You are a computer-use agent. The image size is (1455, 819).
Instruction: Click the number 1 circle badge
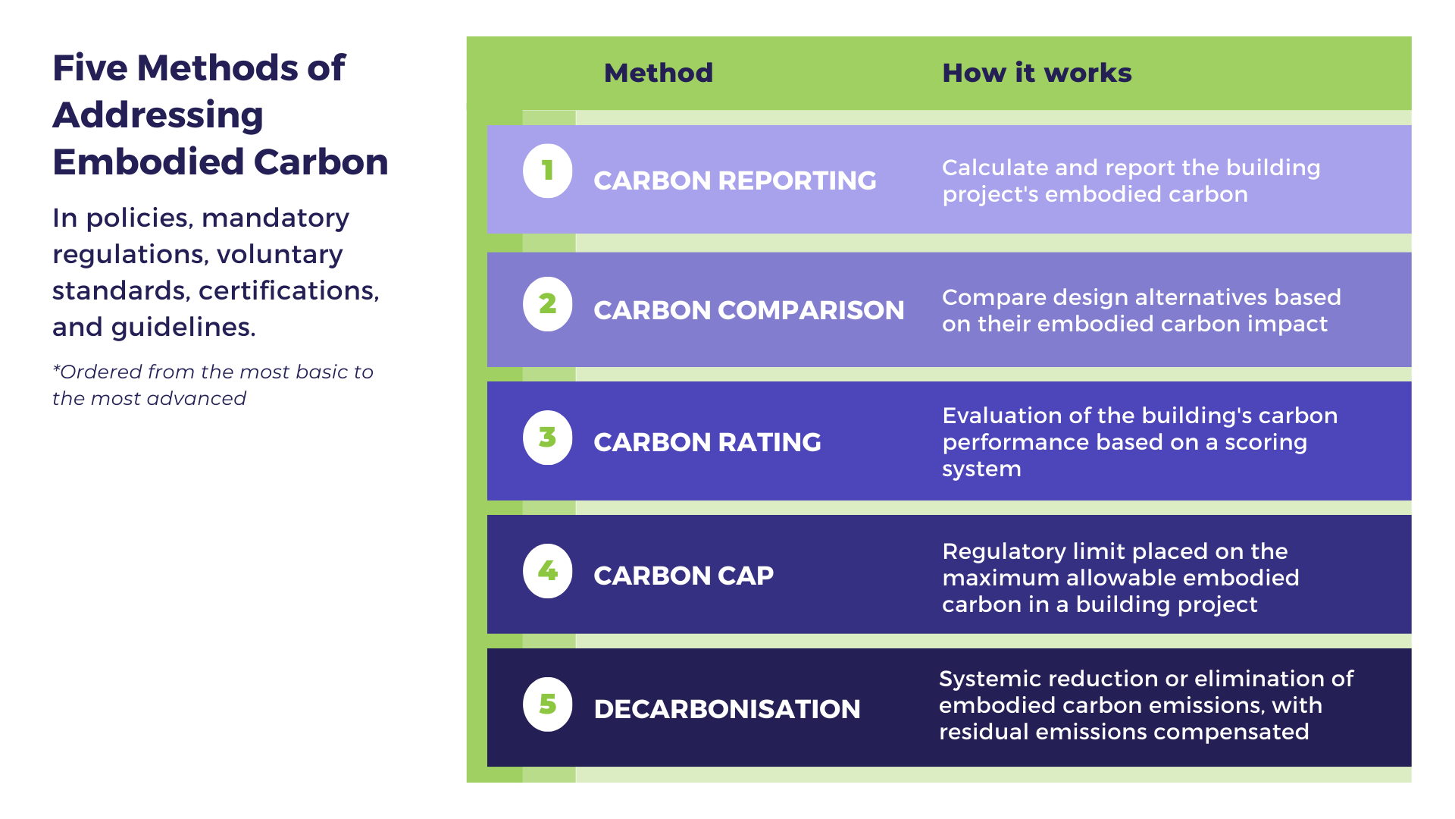tap(547, 171)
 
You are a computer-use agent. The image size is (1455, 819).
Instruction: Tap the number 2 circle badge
tap(547, 304)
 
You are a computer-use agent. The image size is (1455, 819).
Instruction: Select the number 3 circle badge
tap(547, 438)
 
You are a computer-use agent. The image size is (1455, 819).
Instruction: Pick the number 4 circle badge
tap(547, 571)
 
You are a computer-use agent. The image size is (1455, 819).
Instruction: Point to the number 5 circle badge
tap(547, 704)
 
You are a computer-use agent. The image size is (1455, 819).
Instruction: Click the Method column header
tap(658, 73)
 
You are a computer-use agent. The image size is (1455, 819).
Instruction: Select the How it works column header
tap(1036, 73)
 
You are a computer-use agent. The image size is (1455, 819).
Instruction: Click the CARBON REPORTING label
tap(734, 180)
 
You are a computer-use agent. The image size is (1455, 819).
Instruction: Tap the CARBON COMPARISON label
tap(748, 310)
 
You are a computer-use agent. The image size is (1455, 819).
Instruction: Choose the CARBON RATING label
tap(706, 442)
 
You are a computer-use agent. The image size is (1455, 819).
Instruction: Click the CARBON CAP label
tap(683, 576)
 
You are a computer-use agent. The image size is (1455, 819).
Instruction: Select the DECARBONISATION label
tap(726, 709)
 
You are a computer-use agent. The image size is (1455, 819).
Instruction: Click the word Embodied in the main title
tap(148, 162)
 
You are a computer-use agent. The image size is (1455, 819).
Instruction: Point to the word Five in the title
tap(89, 68)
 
